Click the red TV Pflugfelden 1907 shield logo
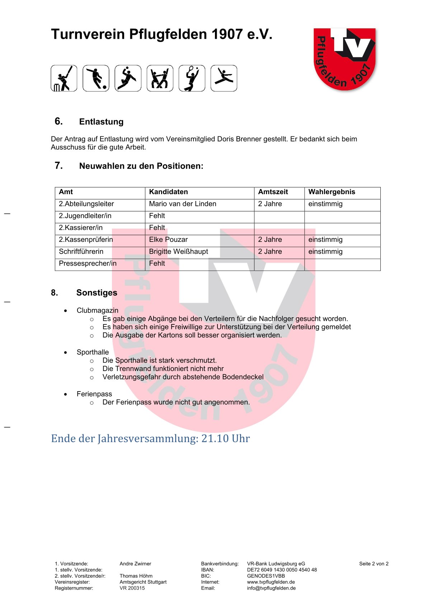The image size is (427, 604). [344, 59]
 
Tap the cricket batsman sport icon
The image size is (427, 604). [64, 78]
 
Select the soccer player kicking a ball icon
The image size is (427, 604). [96, 78]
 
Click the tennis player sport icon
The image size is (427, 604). [192, 78]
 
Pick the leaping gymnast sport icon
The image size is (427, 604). [224, 78]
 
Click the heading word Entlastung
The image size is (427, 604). [101, 122]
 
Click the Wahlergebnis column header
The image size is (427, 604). [332, 192]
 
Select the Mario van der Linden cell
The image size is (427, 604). [183, 204]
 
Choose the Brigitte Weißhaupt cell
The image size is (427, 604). [178, 252]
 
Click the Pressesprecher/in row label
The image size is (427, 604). [88, 263]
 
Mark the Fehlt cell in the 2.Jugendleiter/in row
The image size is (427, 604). [157, 216]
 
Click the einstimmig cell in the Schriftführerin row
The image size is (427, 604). [325, 252]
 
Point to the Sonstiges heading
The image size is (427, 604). [97, 293]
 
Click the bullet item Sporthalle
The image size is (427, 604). [93, 352]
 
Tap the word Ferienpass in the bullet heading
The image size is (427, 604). [94, 394]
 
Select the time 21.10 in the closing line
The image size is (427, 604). [215, 439]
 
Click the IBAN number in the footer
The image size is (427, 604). [282, 570]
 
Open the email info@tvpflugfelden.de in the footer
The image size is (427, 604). [271, 588]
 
